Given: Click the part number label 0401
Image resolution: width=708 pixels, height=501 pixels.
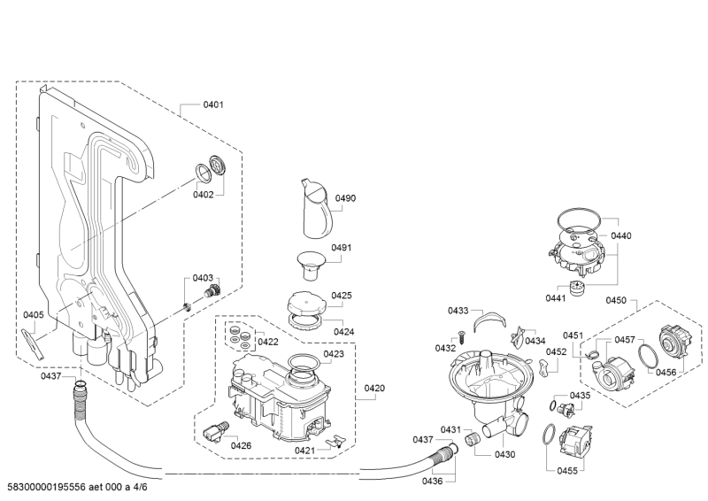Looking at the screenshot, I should pyautogui.click(x=213, y=104).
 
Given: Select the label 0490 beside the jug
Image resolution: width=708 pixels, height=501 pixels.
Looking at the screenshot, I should pyautogui.click(x=344, y=198).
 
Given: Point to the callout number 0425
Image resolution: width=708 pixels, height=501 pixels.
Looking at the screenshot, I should pyautogui.click(x=342, y=296).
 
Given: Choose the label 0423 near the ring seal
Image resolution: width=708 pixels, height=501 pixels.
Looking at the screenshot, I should pyautogui.click(x=334, y=354).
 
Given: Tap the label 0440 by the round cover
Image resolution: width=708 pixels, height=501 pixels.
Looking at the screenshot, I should pyautogui.click(x=621, y=235).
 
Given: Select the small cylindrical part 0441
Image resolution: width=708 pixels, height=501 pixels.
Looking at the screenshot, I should pyautogui.click(x=580, y=289).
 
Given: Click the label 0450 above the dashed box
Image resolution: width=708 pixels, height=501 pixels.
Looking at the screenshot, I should pyautogui.click(x=616, y=301).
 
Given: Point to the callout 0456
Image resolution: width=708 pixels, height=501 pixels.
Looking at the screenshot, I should pyautogui.click(x=666, y=373).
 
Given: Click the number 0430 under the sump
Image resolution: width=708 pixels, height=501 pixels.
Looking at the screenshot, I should pyautogui.click(x=504, y=454).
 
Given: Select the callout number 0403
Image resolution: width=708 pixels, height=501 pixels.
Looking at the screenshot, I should pyautogui.click(x=204, y=278).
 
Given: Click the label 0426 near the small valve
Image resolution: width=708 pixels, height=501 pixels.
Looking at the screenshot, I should pyautogui.click(x=242, y=445).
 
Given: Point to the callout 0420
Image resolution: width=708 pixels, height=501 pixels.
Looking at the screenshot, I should pyautogui.click(x=375, y=389).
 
